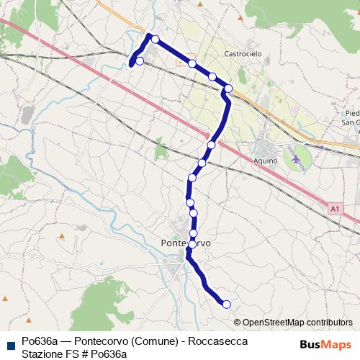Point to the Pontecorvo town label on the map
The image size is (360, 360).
coord(184,243)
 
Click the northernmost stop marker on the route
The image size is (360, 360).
coord(154,39)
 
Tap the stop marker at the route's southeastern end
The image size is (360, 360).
coord(227,305)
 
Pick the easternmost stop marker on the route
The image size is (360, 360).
coord(228,89)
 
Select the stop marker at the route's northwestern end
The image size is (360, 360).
coord(139,61)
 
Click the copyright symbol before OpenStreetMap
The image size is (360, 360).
coord(238,323)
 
